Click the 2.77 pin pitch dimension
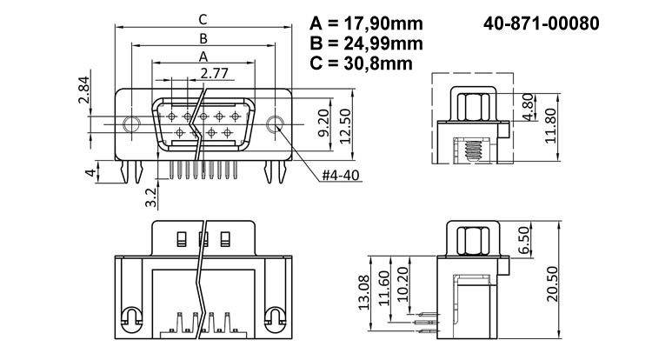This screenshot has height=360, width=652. [215, 73]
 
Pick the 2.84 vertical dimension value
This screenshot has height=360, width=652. [83, 90]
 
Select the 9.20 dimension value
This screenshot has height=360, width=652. [323, 123]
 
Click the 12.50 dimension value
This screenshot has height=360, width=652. [347, 123]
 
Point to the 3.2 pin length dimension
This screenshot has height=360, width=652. [150, 197]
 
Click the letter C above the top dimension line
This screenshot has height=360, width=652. [203, 18]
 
